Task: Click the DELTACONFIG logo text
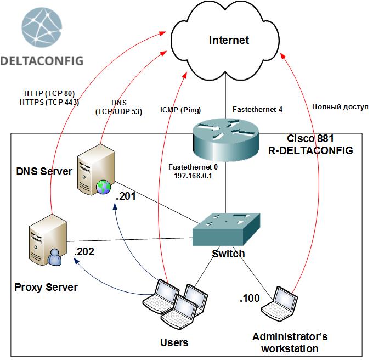tap(42, 60)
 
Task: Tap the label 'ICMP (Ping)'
tap(181, 110)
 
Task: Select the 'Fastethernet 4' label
tap(257, 110)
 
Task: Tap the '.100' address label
tap(250, 299)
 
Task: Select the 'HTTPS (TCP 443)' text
tap(49, 102)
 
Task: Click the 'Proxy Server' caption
tap(46, 287)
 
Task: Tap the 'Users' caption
tap(174, 342)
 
